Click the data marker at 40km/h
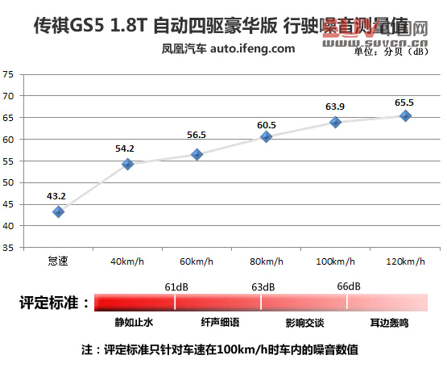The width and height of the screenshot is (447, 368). coord(127,164)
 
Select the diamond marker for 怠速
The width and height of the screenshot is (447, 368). coord(58,211)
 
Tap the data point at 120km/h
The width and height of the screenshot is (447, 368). coord(405,115)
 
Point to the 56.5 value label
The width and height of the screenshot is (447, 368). coord(197,136)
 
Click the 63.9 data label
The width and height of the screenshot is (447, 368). coord(335,106)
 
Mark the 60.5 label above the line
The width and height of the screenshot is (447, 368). coord(267,125)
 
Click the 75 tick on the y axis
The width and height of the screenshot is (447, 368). coord(9,74)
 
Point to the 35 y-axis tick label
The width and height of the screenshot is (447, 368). coord(9,248)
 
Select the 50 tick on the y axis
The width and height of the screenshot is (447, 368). coord(9,182)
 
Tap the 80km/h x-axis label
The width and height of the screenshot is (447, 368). coord(266,261)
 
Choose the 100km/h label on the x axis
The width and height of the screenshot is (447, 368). coord(334,261)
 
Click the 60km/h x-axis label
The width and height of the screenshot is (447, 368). coord(197,261)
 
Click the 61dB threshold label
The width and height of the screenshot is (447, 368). coord(176,286)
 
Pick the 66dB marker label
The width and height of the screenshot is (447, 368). coord(348,286)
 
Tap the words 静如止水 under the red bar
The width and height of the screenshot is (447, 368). coord(133,322)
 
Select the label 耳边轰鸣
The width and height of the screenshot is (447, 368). coord(390,322)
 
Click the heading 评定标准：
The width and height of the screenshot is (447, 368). coord(53,303)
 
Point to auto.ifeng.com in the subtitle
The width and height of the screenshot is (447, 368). coord(253,48)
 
